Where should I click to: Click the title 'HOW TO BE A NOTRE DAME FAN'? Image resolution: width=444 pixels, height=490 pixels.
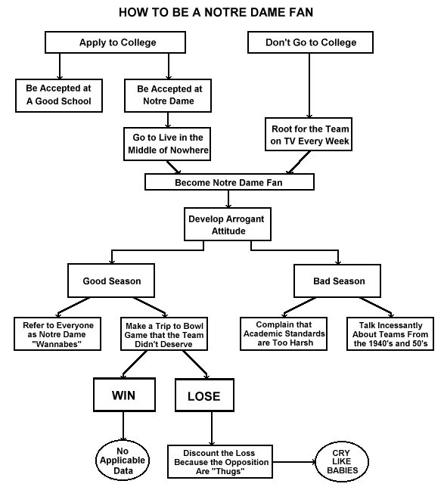[216, 13]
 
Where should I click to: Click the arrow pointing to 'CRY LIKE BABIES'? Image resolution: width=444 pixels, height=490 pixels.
[294, 462]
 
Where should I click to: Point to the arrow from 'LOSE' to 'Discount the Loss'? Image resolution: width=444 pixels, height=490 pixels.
[212, 429]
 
